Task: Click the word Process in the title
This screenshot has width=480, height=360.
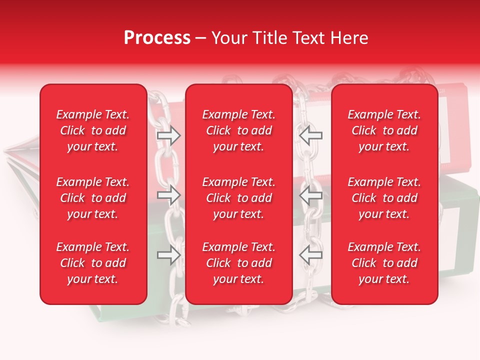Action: coord(157,38)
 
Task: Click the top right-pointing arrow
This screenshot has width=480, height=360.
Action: coord(169,136)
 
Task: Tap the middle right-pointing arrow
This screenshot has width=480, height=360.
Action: coord(169,195)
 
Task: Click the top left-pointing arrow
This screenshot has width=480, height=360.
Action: coord(310,136)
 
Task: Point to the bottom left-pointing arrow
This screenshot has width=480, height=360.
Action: coord(310,254)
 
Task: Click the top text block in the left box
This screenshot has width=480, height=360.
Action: coord(93,130)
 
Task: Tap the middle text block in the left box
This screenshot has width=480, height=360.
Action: coord(93,198)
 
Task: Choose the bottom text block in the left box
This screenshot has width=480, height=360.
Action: coord(93,263)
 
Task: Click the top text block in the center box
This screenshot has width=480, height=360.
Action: coord(238,130)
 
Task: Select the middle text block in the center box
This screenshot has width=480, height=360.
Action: coord(238,198)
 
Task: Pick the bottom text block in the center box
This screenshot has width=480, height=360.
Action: coord(238,263)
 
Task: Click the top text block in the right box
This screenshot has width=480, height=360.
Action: coord(384,130)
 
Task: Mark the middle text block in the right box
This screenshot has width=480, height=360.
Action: coord(384,198)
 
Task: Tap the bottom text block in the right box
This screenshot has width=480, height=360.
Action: coord(384,263)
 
